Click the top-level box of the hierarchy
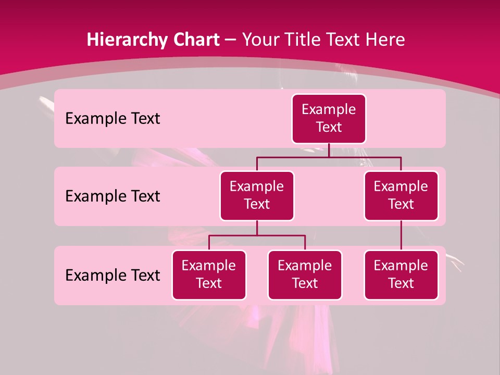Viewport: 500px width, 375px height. click(x=329, y=118)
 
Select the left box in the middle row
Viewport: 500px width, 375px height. click(x=257, y=195)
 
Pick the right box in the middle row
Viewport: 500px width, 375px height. click(x=401, y=195)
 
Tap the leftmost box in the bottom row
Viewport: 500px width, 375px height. click(x=209, y=274)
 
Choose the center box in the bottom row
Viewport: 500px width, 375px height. click(x=305, y=274)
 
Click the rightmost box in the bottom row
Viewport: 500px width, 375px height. click(x=401, y=274)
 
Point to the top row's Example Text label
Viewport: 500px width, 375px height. click(x=113, y=119)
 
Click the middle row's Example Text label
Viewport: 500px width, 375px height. click(x=113, y=196)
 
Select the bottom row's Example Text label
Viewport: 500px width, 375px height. click(x=113, y=275)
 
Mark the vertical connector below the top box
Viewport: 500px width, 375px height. click(x=329, y=150)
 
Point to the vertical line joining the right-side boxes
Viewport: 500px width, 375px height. click(x=401, y=235)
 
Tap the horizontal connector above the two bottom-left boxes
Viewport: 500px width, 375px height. click(x=257, y=235)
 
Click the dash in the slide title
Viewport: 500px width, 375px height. click(x=231, y=40)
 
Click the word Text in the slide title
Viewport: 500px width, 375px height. click(x=342, y=40)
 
